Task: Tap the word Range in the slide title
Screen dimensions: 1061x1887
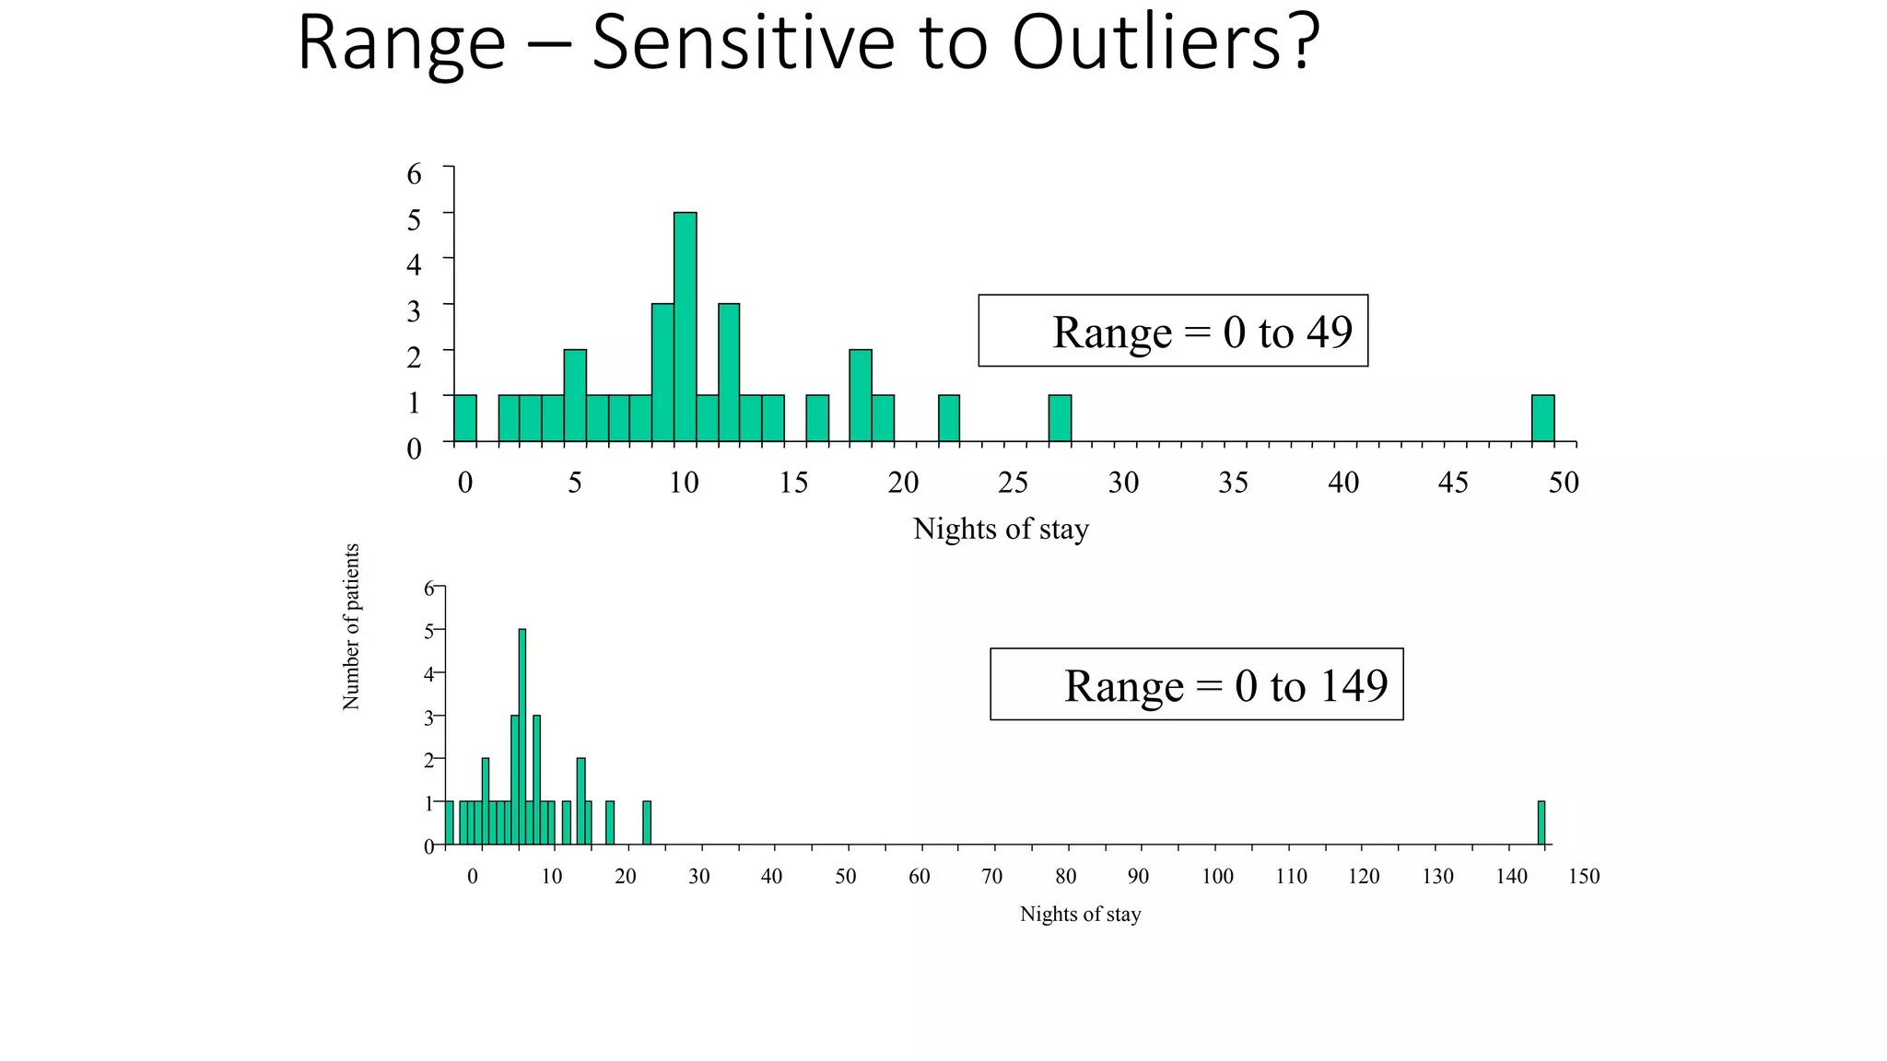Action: pos(402,44)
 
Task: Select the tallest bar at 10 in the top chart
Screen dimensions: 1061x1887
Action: pos(685,327)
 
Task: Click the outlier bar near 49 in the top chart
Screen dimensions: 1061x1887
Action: pos(1542,419)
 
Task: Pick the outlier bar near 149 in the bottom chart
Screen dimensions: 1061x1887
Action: pos(1541,822)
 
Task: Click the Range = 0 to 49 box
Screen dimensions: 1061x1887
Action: pos(1172,331)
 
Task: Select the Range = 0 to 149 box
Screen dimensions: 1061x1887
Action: pos(1196,684)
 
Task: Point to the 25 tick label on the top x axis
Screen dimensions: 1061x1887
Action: pos(1013,483)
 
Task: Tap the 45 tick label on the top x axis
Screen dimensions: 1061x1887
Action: pos(1453,483)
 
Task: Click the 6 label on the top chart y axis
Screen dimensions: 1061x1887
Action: pos(414,174)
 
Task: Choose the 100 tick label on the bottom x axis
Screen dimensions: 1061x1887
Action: pos(1217,877)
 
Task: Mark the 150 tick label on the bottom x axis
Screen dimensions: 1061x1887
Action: pos(1583,877)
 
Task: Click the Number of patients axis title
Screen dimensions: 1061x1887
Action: pos(351,626)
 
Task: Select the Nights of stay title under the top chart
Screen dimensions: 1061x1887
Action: pos(1001,529)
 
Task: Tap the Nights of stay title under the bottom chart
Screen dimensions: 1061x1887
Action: pos(1080,914)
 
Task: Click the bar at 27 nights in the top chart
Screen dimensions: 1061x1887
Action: pos(1060,419)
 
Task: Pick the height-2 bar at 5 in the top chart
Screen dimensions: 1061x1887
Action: pos(575,396)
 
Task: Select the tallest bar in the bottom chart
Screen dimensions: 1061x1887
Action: pos(522,737)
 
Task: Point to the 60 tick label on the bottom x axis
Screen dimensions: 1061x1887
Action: pos(919,877)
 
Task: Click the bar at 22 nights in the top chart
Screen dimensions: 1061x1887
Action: pos(949,419)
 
